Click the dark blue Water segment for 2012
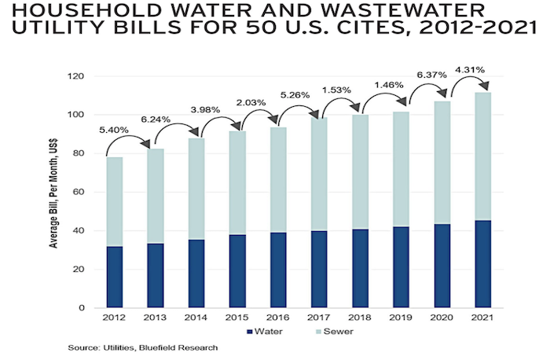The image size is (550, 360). point(114,277)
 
